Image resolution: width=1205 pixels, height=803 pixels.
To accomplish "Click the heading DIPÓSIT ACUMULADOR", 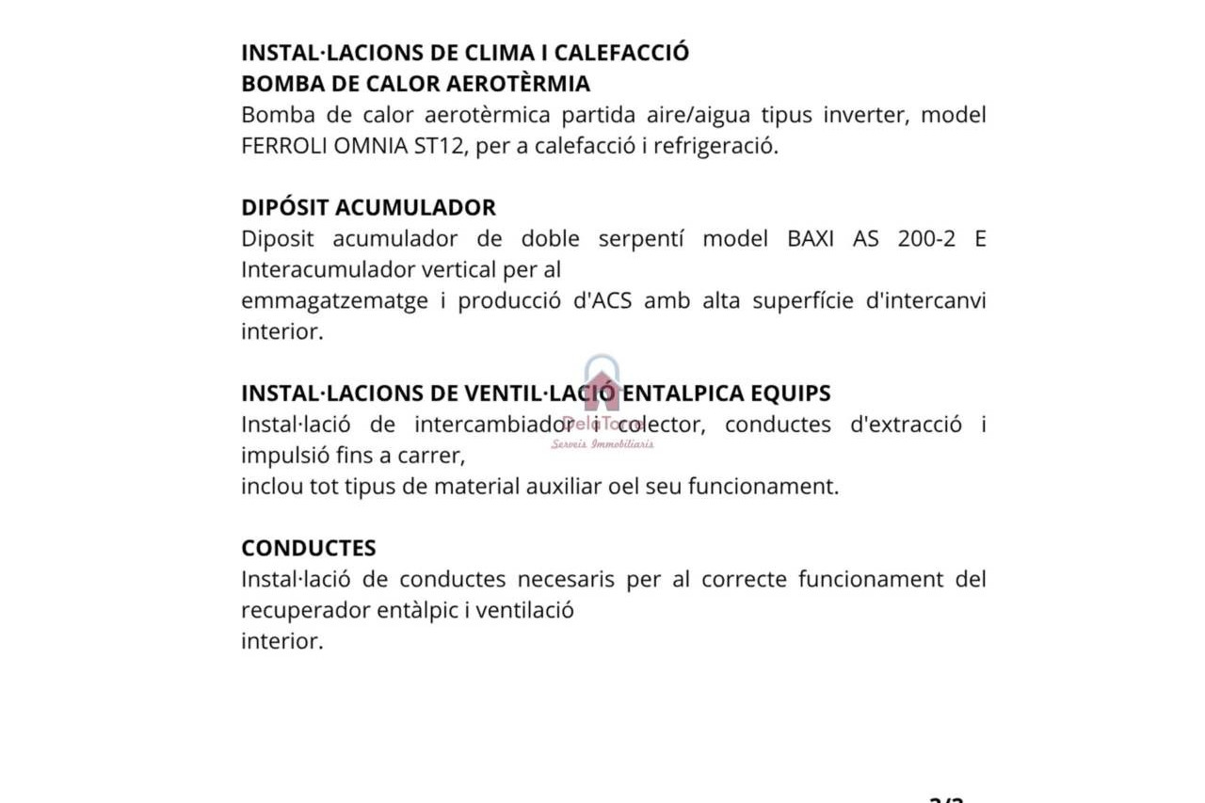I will [368, 207].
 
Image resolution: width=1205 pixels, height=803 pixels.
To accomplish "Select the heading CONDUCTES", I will [308, 548].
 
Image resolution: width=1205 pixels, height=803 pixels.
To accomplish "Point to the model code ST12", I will [442, 147].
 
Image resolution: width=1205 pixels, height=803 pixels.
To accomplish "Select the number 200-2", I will [926, 238].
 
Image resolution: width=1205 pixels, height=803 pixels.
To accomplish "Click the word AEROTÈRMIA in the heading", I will [518, 84].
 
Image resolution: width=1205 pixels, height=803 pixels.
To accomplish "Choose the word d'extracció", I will [906, 425].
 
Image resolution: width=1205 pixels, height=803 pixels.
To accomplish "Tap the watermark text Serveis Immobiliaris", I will [602, 444].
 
